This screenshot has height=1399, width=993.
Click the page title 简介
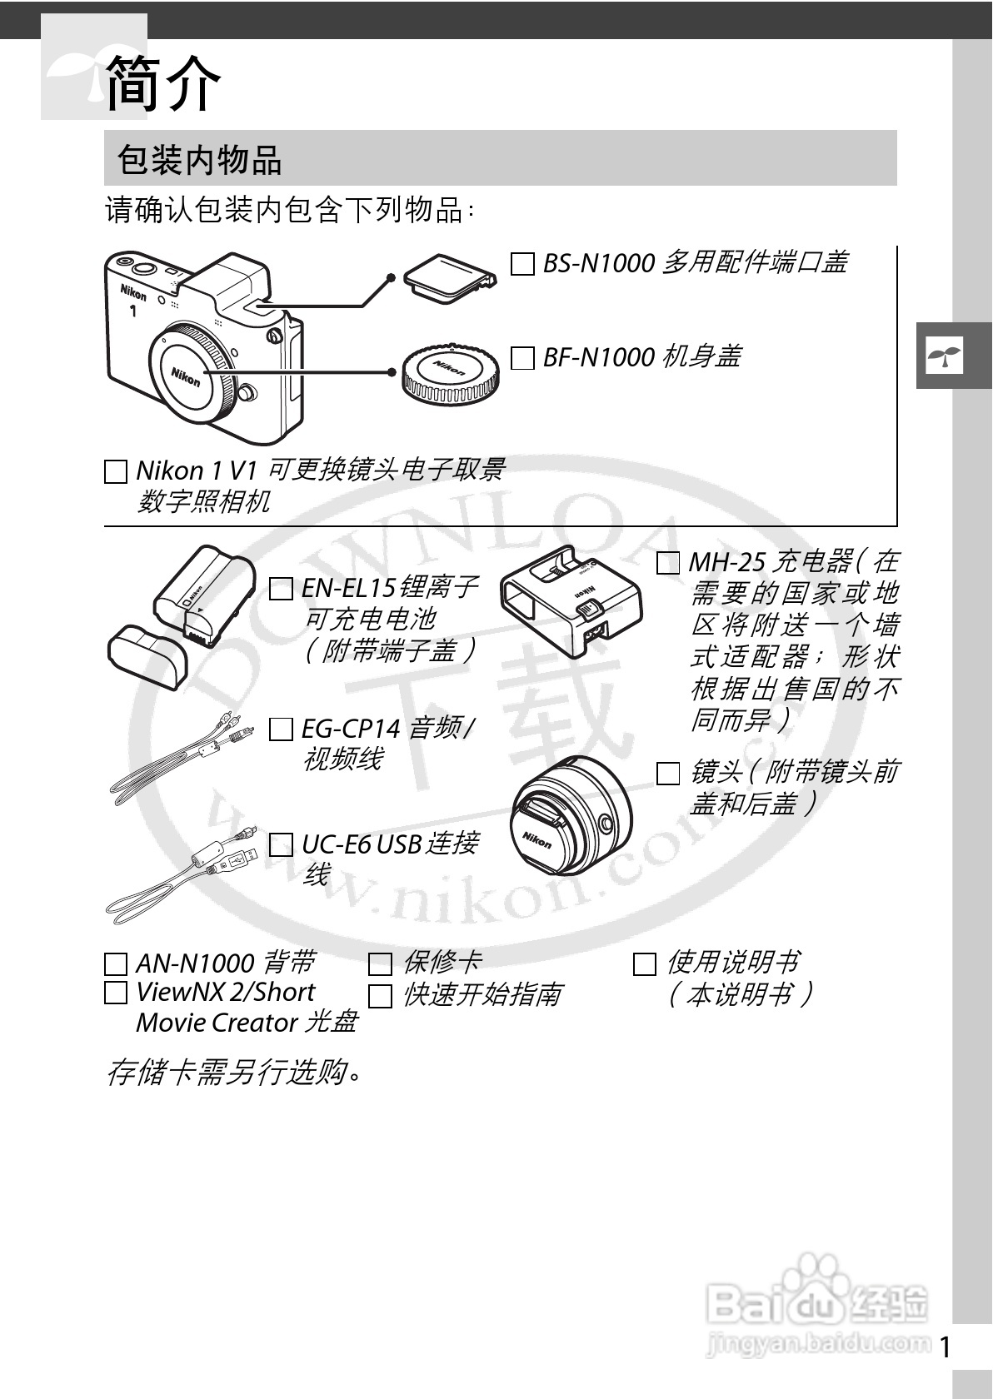point(163,83)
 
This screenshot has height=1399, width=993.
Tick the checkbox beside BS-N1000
point(522,265)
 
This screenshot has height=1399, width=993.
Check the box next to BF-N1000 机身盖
point(522,359)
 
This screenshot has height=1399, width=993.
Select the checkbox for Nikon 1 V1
point(116,472)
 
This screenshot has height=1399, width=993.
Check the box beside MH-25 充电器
point(668,563)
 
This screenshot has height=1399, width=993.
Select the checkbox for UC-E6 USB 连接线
point(281,845)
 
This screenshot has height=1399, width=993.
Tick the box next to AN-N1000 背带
point(116,964)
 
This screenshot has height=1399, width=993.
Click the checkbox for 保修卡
point(380,964)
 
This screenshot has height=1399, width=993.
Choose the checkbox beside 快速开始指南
point(380,996)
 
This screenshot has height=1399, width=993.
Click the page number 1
point(945,1347)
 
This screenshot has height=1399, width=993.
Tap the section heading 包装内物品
point(200,159)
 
